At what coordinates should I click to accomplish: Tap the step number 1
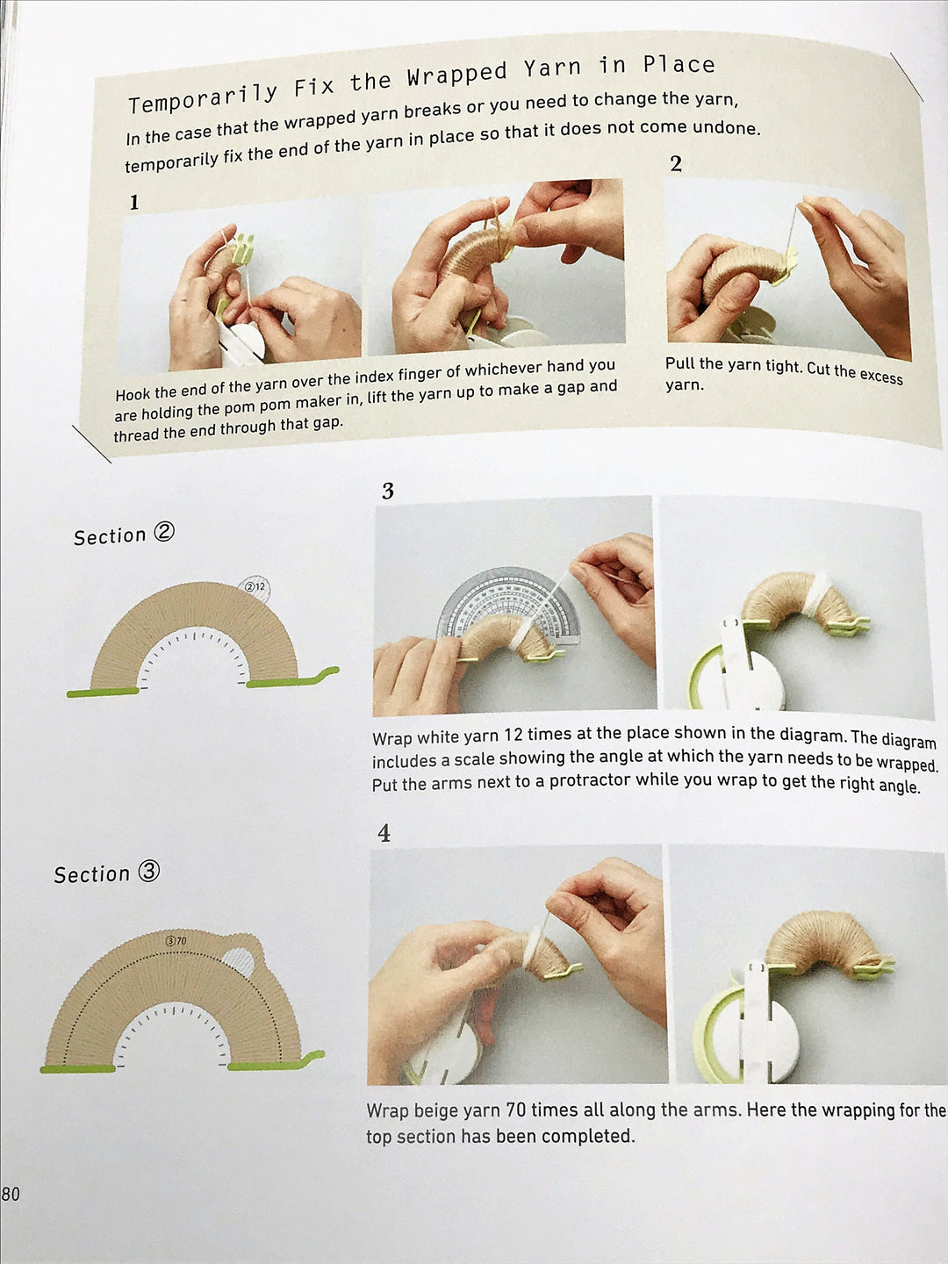(134, 203)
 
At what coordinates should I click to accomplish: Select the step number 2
(676, 164)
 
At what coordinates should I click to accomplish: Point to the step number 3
(387, 491)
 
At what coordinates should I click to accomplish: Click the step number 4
(384, 833)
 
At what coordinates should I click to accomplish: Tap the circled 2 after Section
(163, 532)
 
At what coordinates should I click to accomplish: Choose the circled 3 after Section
(148, 871)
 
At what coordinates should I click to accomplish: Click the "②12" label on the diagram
(255, 587)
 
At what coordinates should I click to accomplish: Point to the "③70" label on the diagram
(176, 941)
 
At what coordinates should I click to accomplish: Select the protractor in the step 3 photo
(509, 605)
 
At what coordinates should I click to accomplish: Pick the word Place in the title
(679, 64)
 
